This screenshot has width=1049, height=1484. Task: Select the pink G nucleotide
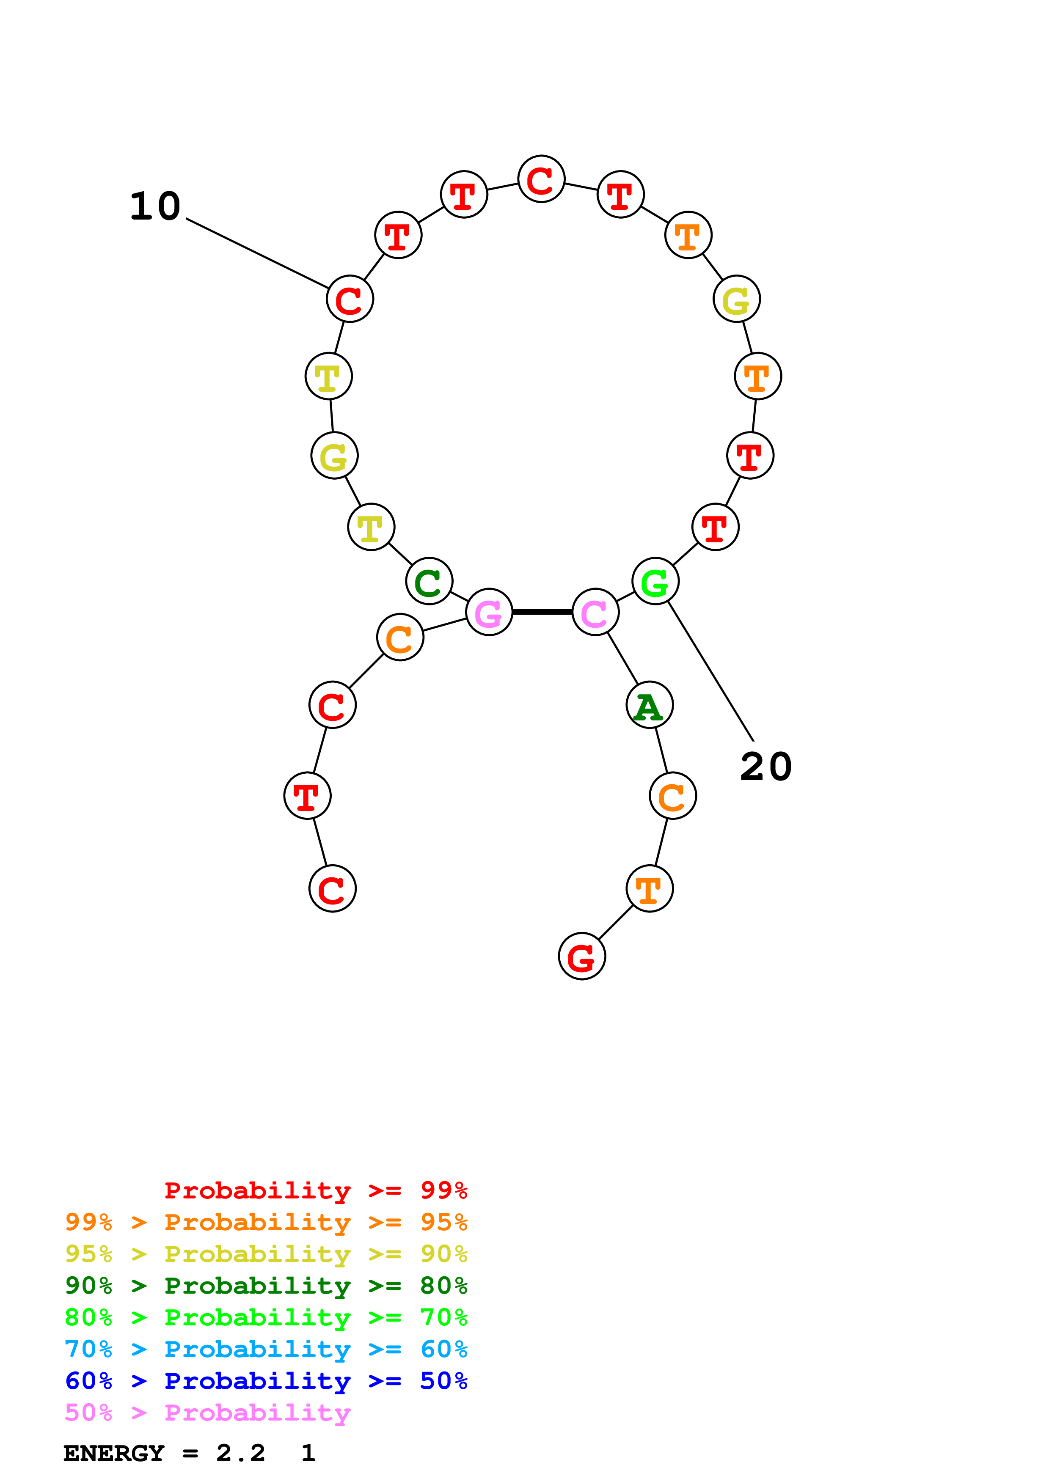point(489,612)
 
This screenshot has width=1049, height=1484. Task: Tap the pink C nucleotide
point(595,612)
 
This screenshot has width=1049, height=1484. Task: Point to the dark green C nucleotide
point(429,581)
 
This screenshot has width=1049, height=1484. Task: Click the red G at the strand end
point(582,956)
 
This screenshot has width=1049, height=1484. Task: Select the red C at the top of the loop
point(541,179)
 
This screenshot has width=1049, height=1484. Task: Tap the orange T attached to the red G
point(649,889)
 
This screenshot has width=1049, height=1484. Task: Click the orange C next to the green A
point(672,796)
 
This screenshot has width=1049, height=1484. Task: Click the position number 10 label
point(155,207)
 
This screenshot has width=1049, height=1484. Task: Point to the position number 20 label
point(766,767)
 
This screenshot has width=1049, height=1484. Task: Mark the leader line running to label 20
point(711,671)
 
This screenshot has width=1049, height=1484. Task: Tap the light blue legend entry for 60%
point(266,1349)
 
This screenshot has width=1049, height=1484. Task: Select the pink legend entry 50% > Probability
point(207,1413)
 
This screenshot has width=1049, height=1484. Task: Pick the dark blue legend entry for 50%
point(266,1381)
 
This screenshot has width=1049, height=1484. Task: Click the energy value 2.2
point(240,1454)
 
